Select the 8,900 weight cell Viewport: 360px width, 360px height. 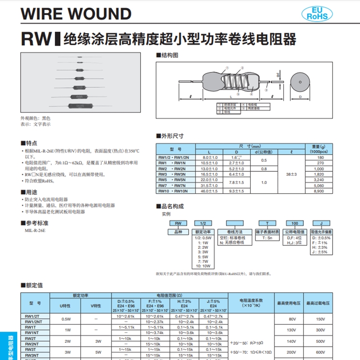pyautogui.click(x=317, y=191)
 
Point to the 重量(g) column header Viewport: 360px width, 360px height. pyautogui.click(x=317, y=146)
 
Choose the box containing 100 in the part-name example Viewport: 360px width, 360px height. pyautogui.click(x=295, y=223)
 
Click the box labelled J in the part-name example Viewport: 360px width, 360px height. pyautogui.click(x=321, y=223)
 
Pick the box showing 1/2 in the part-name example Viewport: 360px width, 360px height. pyautogui.click(x=204, y=223)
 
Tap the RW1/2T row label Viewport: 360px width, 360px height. pyautogui.click(x=32, y=316)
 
